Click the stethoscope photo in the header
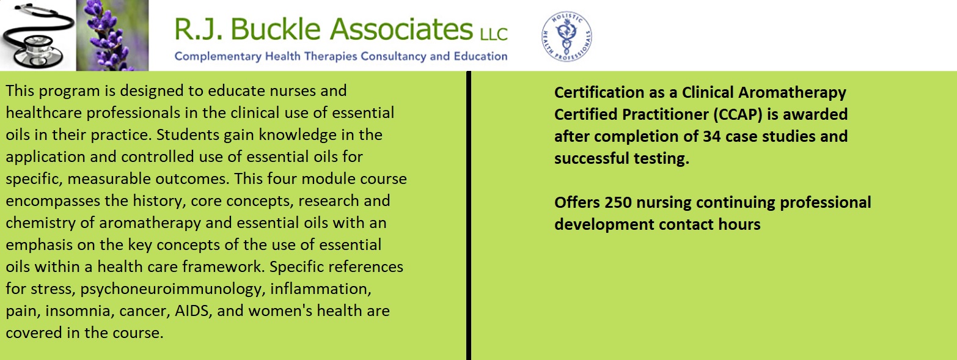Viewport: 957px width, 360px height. click(38, 35)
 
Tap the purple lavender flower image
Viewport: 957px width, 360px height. click(112, 35)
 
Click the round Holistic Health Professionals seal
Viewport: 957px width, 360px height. click(566, 37)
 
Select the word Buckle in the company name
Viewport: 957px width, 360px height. click(276, 29)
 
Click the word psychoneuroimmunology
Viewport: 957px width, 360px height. click(171, 289)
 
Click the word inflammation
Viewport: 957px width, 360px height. click(320, 289)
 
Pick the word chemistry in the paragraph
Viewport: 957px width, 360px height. click(48, 223)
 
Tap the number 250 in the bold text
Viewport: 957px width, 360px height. click(618, 202)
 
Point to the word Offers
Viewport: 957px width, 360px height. click(577, 202)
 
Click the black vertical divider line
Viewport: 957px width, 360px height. click(469, 216)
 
